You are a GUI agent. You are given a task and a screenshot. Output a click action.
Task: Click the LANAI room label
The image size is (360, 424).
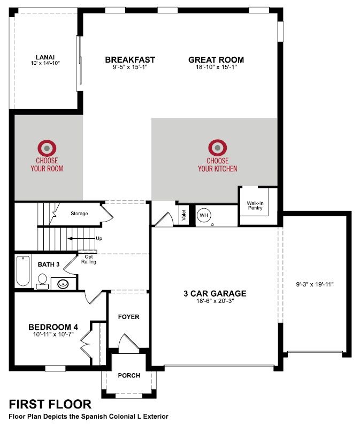click(45, 57)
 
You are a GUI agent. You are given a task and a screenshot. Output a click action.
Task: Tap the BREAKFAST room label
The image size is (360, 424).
click(130, 60)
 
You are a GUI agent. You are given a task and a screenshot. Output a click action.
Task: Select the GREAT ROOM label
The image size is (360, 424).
click(216, 60)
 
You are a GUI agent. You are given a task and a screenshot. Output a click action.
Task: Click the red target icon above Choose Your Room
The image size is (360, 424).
click(47, 148)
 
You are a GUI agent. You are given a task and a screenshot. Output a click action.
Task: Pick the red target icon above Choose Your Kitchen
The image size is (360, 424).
click(218, 148)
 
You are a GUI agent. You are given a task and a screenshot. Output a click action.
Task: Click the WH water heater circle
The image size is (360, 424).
click(203, 215)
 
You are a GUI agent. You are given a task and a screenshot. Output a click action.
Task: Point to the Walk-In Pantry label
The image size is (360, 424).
click(255, 206)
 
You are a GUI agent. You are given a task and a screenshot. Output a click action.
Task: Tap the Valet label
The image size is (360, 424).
click(184, 215)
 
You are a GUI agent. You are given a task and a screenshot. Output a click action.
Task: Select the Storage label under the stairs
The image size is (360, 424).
click(79, 214)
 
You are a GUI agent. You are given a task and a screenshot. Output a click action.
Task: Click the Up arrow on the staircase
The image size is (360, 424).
click(81, 239)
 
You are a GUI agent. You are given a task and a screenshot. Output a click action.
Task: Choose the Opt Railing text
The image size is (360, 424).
click(89, 259)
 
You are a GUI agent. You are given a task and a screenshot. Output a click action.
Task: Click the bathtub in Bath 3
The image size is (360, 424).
click(23, 271)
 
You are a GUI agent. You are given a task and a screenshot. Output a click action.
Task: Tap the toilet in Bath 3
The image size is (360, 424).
click(42, 282)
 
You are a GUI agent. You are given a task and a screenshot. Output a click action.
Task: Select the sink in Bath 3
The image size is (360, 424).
click(63, 284)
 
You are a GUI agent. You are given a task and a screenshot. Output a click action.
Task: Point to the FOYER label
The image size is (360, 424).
click(129, 316)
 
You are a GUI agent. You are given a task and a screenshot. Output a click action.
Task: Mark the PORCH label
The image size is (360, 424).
click(129, 375)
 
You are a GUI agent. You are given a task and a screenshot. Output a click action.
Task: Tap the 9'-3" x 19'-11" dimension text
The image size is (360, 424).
click(315, 284)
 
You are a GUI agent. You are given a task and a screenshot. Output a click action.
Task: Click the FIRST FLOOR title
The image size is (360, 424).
click(50, 405)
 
